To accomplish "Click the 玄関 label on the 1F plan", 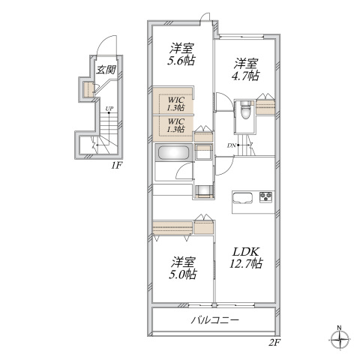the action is tap(106, 70).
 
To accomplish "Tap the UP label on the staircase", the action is tap(109, 109).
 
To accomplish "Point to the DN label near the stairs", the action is tap(232, 145).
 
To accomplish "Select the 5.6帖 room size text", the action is tap(181, 60).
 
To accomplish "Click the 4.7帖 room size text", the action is tap(245, 76).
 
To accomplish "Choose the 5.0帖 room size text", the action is tap(183, 274).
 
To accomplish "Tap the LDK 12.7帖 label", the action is tap(246, 257).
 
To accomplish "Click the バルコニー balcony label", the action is tap(215, 319).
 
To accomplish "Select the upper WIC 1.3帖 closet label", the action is tap(176, 103).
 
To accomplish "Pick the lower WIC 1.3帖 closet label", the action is tap(176, 125).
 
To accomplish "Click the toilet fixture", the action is tap(244, 109).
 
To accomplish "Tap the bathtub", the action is tap(173, 152).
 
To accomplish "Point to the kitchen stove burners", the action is tap(265, 196).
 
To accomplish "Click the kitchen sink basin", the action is tap(242, 198).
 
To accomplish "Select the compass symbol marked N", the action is tap(339, 339).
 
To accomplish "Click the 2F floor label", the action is tap(274, 342).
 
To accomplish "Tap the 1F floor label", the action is tap(116, 166).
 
